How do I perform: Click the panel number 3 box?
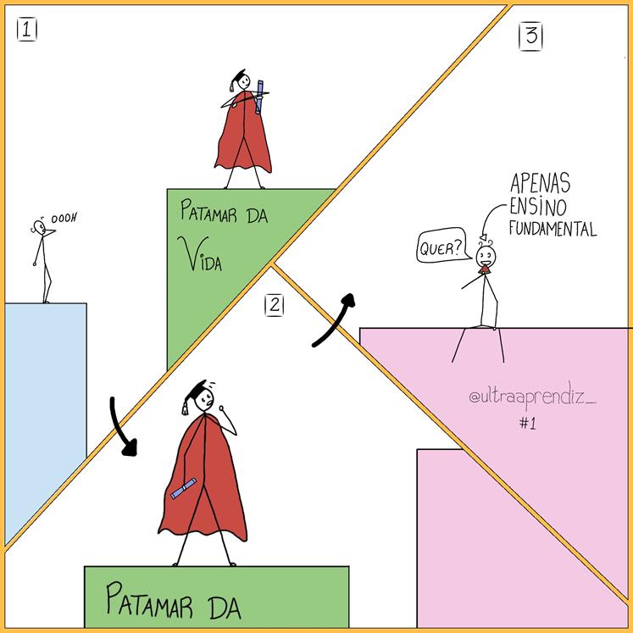click(531, 37)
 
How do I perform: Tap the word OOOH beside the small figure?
click(64, 219)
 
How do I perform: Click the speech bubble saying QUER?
click(441, 248)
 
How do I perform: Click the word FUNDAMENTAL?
click(552, 229)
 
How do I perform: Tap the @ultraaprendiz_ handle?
click(531, 397)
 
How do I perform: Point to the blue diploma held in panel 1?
click(261, 96)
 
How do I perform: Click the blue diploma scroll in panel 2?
click(184, 489)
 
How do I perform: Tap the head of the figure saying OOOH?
click(39, 226)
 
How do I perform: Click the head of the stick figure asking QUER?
click(486, 255)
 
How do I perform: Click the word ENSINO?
click(539, 205)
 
